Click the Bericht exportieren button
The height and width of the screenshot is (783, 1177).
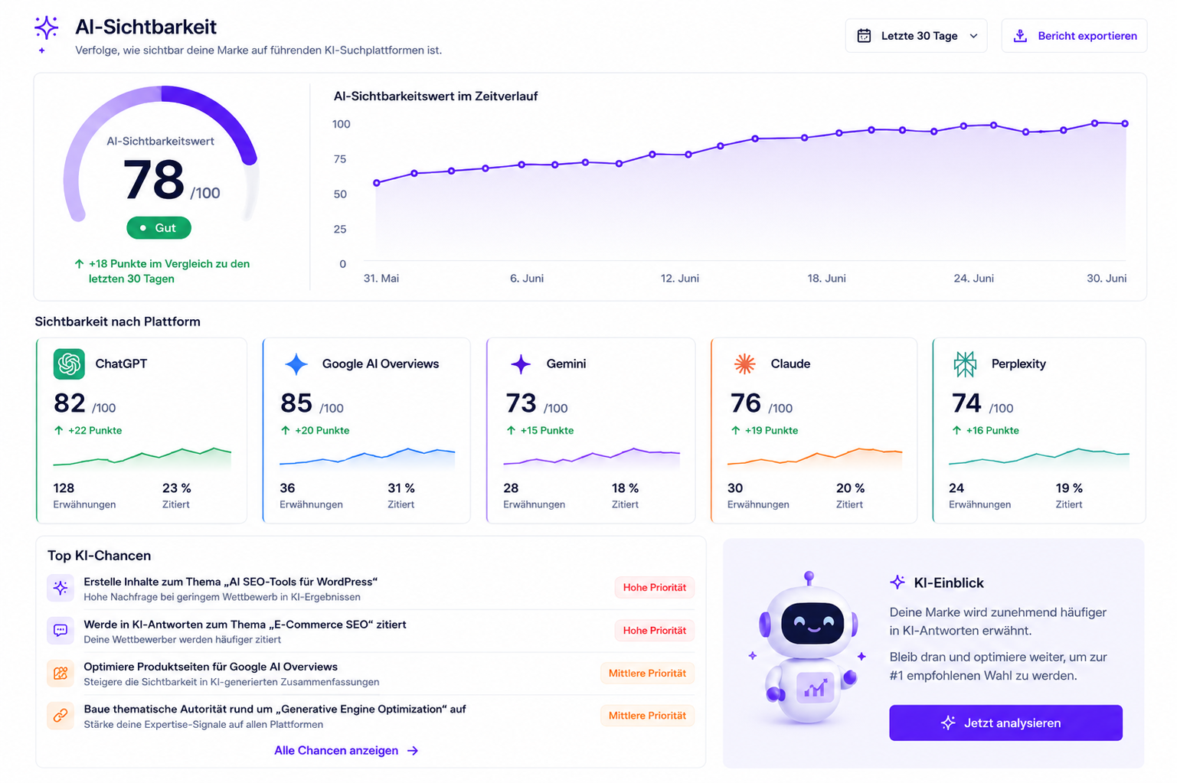click(1074, 36)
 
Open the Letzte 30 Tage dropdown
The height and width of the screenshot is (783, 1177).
click(916, 36)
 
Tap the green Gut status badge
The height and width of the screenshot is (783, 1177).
click(159, 228)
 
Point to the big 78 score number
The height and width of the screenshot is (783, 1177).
click(153, 180)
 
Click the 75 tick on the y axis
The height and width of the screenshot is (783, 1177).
click(340, 159)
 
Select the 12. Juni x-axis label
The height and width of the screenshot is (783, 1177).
click(679, 279)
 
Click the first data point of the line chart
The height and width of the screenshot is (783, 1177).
click(376, 183)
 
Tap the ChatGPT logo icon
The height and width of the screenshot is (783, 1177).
click(69, 364)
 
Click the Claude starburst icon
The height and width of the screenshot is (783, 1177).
click(744, 364)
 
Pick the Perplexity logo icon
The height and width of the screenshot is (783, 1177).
click(965, 364)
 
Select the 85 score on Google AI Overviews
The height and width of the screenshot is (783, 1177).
click(296, 403)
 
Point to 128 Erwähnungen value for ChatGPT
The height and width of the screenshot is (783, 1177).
click(64, 488)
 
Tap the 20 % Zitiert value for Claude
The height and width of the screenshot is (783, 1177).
click(850, 488)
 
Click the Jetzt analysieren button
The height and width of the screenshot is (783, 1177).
click(1005, 723)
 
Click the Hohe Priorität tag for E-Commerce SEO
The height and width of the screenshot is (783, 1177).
click(654, 630)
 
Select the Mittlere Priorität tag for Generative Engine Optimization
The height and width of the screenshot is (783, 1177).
click(647, 715)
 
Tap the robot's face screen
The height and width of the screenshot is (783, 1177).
click(812, 623)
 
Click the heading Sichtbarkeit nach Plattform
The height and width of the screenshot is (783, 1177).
click(118, 321)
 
